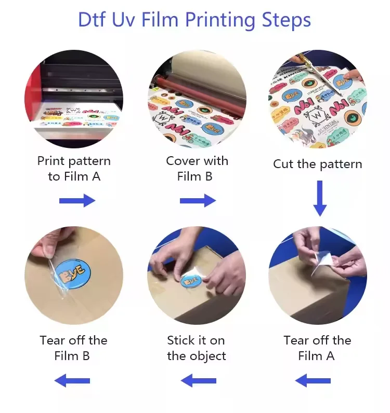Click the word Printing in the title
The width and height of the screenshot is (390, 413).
click(x=218, y=20)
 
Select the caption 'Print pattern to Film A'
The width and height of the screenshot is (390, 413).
click(x=74, y=169)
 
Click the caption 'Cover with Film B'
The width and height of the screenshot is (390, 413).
click(x=197, y=169)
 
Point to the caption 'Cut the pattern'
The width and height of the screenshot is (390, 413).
click(x=317, y=164)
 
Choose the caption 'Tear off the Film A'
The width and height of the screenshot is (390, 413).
click(x=317, y=348)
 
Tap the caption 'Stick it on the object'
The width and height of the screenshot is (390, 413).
click(x=196, y=348)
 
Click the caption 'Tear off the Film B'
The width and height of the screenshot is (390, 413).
click(x=73, y=348)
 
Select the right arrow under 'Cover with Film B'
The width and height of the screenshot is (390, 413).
click(x=198, y=200)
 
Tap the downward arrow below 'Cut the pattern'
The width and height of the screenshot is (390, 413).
click(x=320, y=198)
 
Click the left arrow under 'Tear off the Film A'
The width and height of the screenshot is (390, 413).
click(x=313, y=381)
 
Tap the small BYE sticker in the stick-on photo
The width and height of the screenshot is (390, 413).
click(x=191, y=281)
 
